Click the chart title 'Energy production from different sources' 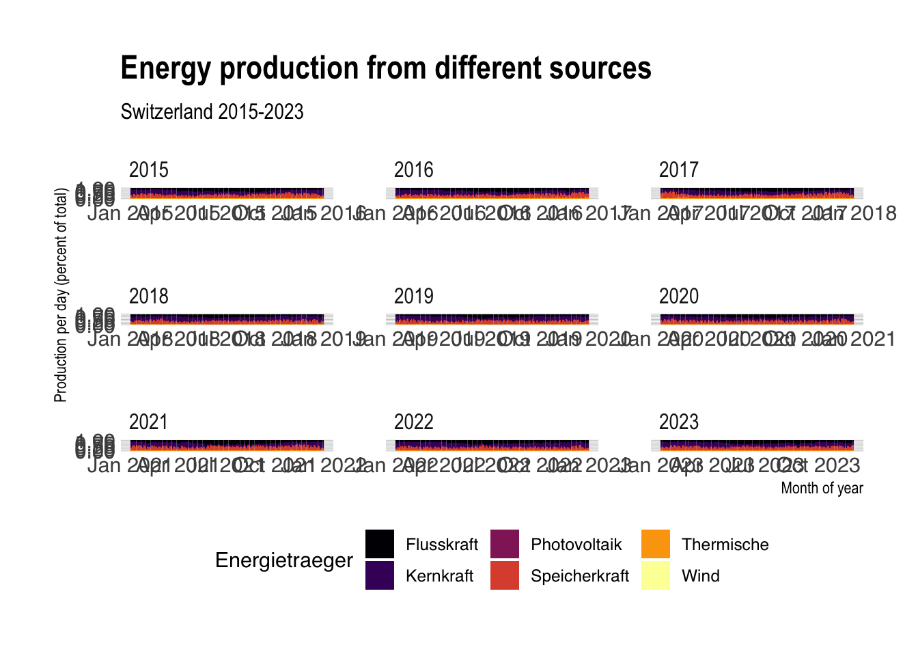[386, 68]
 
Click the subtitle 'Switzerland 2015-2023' [212, 111]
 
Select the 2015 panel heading [148, 169]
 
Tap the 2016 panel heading [413, 169]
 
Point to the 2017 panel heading [678, 169]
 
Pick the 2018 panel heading [148, 296]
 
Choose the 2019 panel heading [413, 296]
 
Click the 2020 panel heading [678, 296]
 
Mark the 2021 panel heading [148, 422]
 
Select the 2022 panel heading [413, 422]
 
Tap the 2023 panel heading [678, 422]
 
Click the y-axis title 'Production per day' [61, 295]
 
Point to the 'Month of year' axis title [822, 488]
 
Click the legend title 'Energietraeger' [283, 560]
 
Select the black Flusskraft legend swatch [380, 544]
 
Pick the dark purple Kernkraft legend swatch [380, 575]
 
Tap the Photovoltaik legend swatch [505, 544]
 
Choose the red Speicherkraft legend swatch [505, 575]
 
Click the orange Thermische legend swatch [656, 544]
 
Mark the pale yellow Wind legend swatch [656, 575]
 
